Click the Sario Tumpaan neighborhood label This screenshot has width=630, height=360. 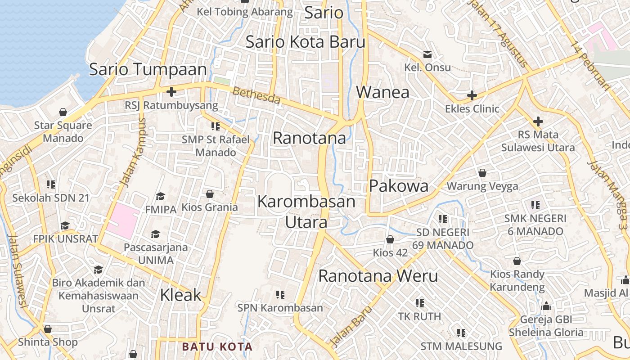(x=148, y=70)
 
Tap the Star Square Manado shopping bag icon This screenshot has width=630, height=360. (x=63, y=112)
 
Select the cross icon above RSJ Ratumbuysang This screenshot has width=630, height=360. (x=171, y=92)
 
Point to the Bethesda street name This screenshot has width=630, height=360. (x=256, y=95)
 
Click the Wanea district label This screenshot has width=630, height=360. (x=383, y=92)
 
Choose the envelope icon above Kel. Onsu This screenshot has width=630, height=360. (x=427, y=54)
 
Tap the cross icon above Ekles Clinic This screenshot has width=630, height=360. (x=472, y=95)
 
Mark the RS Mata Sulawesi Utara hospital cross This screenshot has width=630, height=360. (x=538, y=121)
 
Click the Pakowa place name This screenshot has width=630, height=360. (x=399, y=186)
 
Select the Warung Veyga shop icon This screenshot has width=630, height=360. (x=482, y=173)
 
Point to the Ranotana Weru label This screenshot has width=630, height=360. (x=378, y=276)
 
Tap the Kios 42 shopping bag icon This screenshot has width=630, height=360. (x=390, y=240)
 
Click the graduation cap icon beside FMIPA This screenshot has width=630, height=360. (x=160, y=196)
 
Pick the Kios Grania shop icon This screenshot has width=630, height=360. (x=209, y=194)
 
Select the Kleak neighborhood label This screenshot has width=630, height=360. (x=181, y=295)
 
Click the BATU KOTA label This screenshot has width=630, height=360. (x=217, y=347)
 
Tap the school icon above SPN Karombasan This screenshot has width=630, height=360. (x=280, y=295)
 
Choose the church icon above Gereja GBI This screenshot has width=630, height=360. (x=546, y=306)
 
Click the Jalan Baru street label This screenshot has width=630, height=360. (x=351, y=326)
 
